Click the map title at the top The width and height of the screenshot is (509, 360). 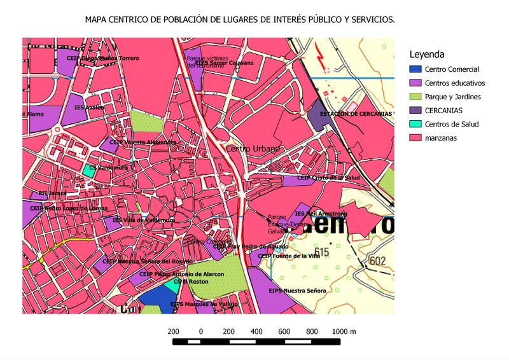pos(240,20)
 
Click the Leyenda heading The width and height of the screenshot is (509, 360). pos(428,54)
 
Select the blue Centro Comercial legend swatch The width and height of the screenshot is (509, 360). pos(415,69)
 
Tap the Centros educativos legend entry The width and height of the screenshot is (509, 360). pos(455,83)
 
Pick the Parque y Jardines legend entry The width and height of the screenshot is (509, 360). pos(452,97)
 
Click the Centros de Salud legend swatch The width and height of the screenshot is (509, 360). pos(415,124)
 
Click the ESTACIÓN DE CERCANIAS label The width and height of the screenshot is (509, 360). pos(356,114)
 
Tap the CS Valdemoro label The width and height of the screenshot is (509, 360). pos(108,168)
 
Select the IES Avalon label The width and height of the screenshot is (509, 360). pos(88,108)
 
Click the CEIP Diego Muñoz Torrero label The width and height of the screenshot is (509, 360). pos(102,58)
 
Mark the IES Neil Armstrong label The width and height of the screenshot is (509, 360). pos(321,214)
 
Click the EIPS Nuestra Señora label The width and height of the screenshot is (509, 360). pos(297,291)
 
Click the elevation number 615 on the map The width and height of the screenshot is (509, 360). pos(321,253)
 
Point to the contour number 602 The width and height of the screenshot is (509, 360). pos(377,260)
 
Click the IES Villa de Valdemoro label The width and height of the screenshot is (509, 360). pos(143,220)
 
